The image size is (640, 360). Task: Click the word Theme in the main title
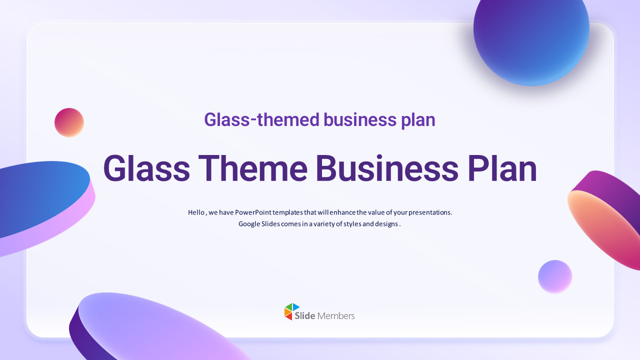pyautogui.click(x=252, y=169)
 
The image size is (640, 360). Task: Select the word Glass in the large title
pyautogui.click(x=146, y=169)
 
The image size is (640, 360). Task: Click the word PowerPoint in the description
pyautogui.click(x=253, y=212)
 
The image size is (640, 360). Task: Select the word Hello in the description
pyautogui.click(x=196, y=212)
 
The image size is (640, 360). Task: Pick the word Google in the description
pyautogui.click(x=248, y=224)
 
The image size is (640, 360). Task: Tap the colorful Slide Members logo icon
pyautogui.click(x=291, y=311)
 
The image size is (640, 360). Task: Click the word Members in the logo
pyautogui.click(x=336, y=316)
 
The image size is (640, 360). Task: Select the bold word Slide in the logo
pyautogui.click(x=305, y=316)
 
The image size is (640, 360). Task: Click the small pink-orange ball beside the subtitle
pyautogui.click(x=69, y=122)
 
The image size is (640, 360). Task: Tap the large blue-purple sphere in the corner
pyautogui.click(x=531, y=35)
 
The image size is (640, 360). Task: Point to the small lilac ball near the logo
pyautogui.click(x=555, y=276)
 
